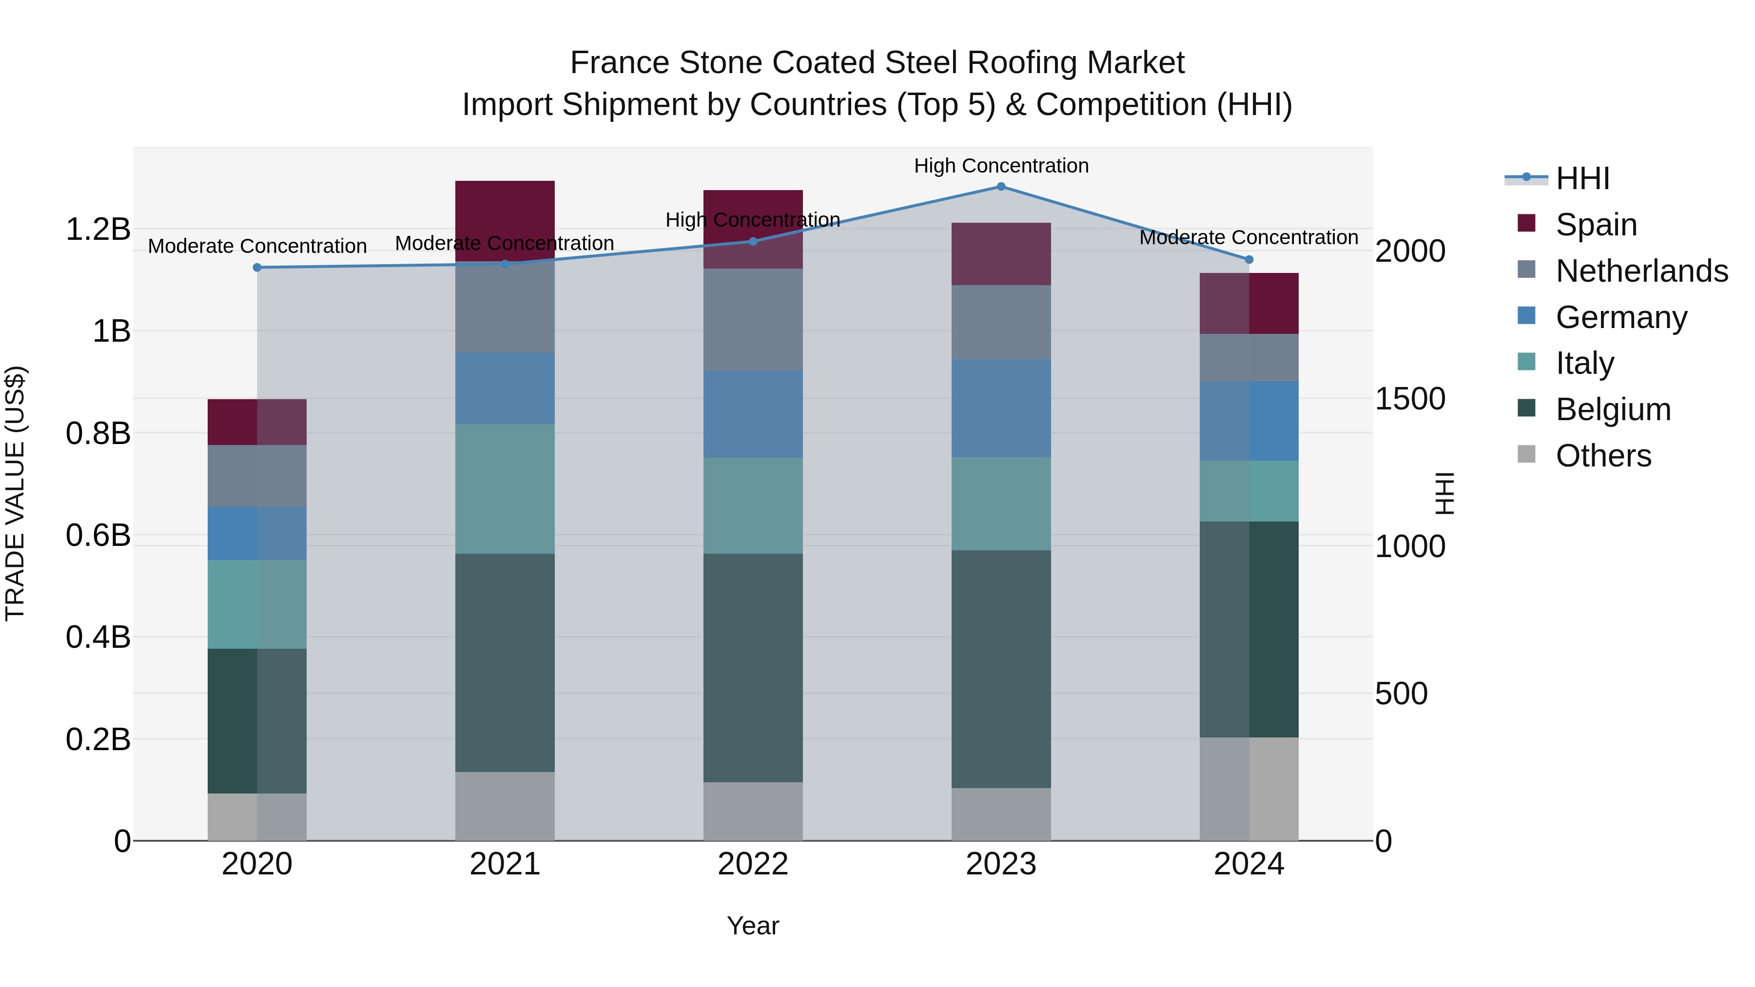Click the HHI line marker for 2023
click(x=1001, y=187)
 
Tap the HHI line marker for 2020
click(x=257, y=268)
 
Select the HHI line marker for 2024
click(x=1249, y=259)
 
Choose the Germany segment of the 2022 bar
click(x=753, y=414)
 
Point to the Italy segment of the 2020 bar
click(x=257, y=604)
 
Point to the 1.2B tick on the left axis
click(x=98, y=230)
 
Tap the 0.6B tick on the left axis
click(x=98, y=535)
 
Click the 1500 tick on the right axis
click(x=1409, y=399)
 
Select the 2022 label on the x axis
click(x=753, y=864)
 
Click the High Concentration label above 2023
click(x=1001, y=166)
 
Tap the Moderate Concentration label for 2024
click(x=1249, y=238)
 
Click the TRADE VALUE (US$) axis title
click(x=15, y=493)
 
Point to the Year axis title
click(x=753, y=926)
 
